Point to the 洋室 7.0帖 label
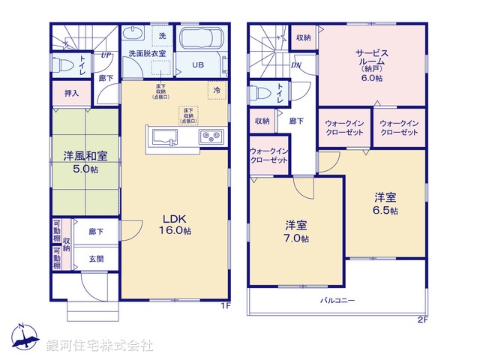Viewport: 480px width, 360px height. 297,231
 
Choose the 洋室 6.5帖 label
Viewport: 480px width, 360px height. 386,204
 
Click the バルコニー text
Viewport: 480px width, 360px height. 339,300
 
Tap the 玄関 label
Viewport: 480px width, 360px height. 97,259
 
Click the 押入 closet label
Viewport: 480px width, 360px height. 71,94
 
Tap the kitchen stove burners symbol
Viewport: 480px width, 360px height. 211,136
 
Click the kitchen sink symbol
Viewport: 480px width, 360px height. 164,136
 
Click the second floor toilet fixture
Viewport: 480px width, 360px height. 262,94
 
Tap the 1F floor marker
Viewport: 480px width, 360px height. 224,306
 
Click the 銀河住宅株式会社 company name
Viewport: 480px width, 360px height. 100,345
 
